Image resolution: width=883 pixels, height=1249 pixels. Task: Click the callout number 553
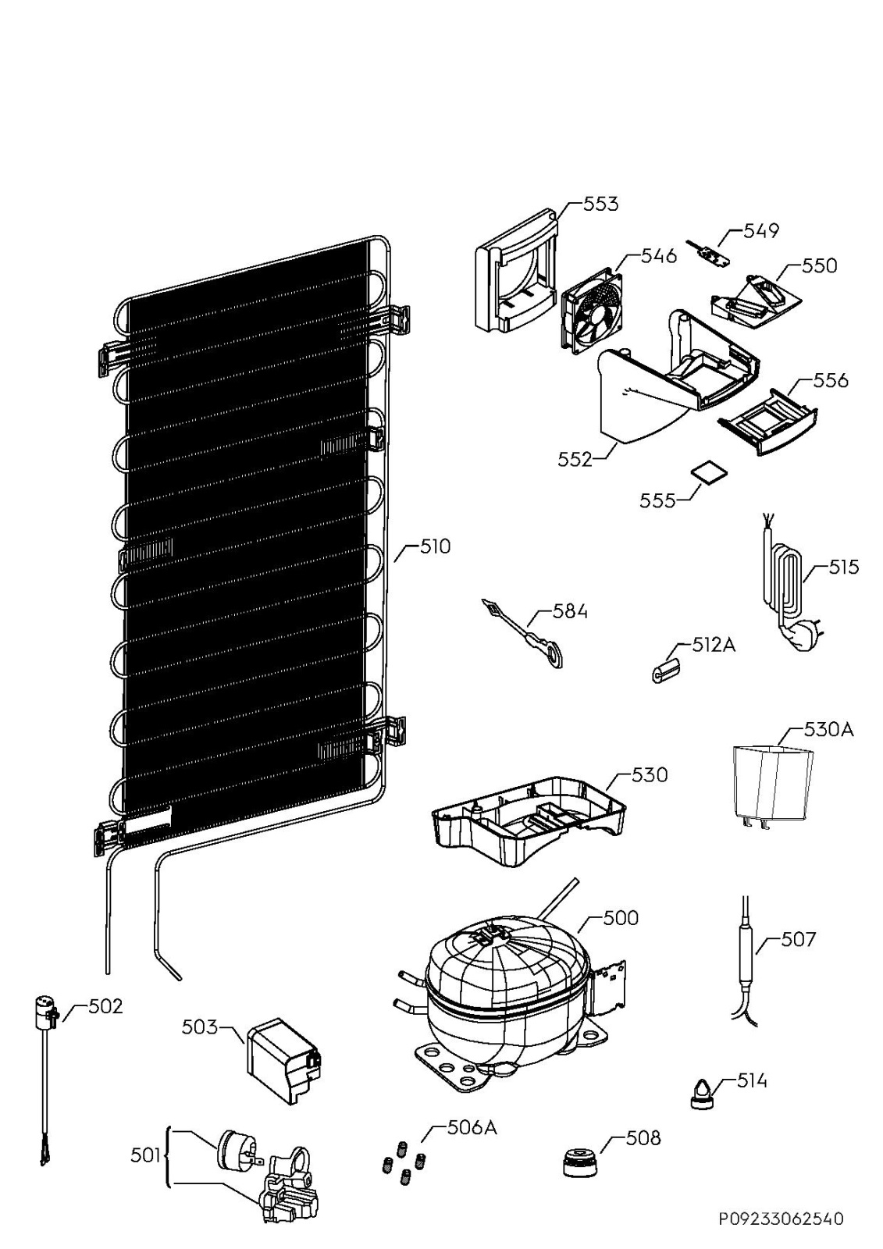(x=600, y=204)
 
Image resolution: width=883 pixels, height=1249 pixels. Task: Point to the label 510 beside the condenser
(x=435, y=546)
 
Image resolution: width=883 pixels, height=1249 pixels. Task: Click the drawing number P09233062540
(x=781, y=1219)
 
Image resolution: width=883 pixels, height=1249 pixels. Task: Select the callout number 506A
(x=472, y=1127)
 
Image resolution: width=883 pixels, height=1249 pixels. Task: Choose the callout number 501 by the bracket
(x=145, y=1155)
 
